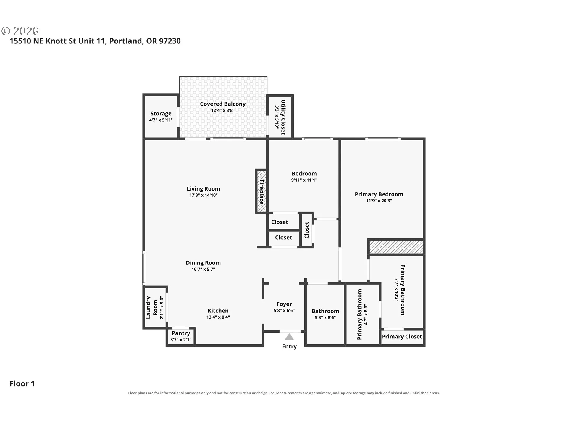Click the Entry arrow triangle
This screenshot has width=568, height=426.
(x=289, y=337)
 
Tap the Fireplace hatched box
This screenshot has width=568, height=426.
(x=261, y=192)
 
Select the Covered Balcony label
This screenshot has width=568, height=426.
(x=223, y=104)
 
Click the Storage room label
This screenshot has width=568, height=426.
(x=161, y=113)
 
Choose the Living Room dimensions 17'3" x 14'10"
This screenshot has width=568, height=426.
(x=204, y=195)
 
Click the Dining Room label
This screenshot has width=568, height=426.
(x=203, y=263)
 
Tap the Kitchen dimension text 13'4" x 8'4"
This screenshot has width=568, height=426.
(x=218, y=317)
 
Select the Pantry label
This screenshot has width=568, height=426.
(x=181, y=333)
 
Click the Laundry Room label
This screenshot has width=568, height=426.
(x=152, y=308)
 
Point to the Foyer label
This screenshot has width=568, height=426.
(x=284, y=304)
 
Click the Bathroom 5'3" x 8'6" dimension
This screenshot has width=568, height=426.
(x=325, y=318)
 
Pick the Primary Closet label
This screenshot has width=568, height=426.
(x=402, y=337)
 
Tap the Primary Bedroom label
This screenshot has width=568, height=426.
(x=379, y=194)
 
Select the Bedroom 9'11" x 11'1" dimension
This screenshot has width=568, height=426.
(x=304, y=180)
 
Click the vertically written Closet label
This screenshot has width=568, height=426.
(x=307, y=230)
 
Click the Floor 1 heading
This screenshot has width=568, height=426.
(x=22, y=384)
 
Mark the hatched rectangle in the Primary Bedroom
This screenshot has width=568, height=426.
(x=396, y=247)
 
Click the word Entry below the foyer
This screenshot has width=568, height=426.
(x=289, y=346)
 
